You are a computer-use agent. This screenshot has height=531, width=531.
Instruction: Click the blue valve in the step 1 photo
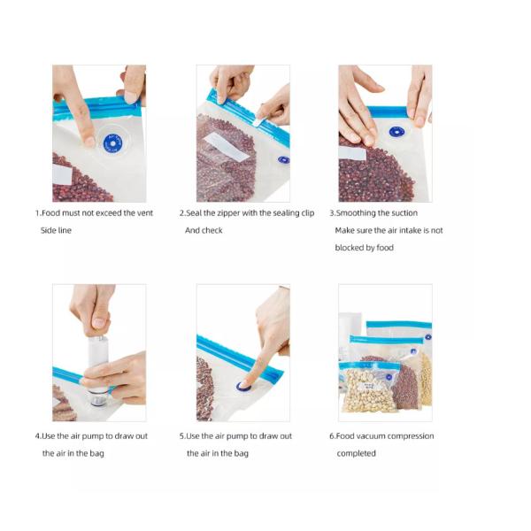click(112, 142)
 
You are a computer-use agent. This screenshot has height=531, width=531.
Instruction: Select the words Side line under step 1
click(56, 231)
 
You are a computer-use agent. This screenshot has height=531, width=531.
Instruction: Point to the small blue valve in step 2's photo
click(283, 160)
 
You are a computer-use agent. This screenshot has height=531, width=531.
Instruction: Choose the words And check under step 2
click(204, 231)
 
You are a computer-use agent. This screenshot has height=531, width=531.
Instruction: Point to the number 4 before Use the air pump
click(38, 436)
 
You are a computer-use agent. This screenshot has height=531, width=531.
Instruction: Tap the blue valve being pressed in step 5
click(244, 386)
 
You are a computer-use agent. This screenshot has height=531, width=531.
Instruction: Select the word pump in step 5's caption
click(241, 436)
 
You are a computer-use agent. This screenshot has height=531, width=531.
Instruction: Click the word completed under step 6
click(356, 454)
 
